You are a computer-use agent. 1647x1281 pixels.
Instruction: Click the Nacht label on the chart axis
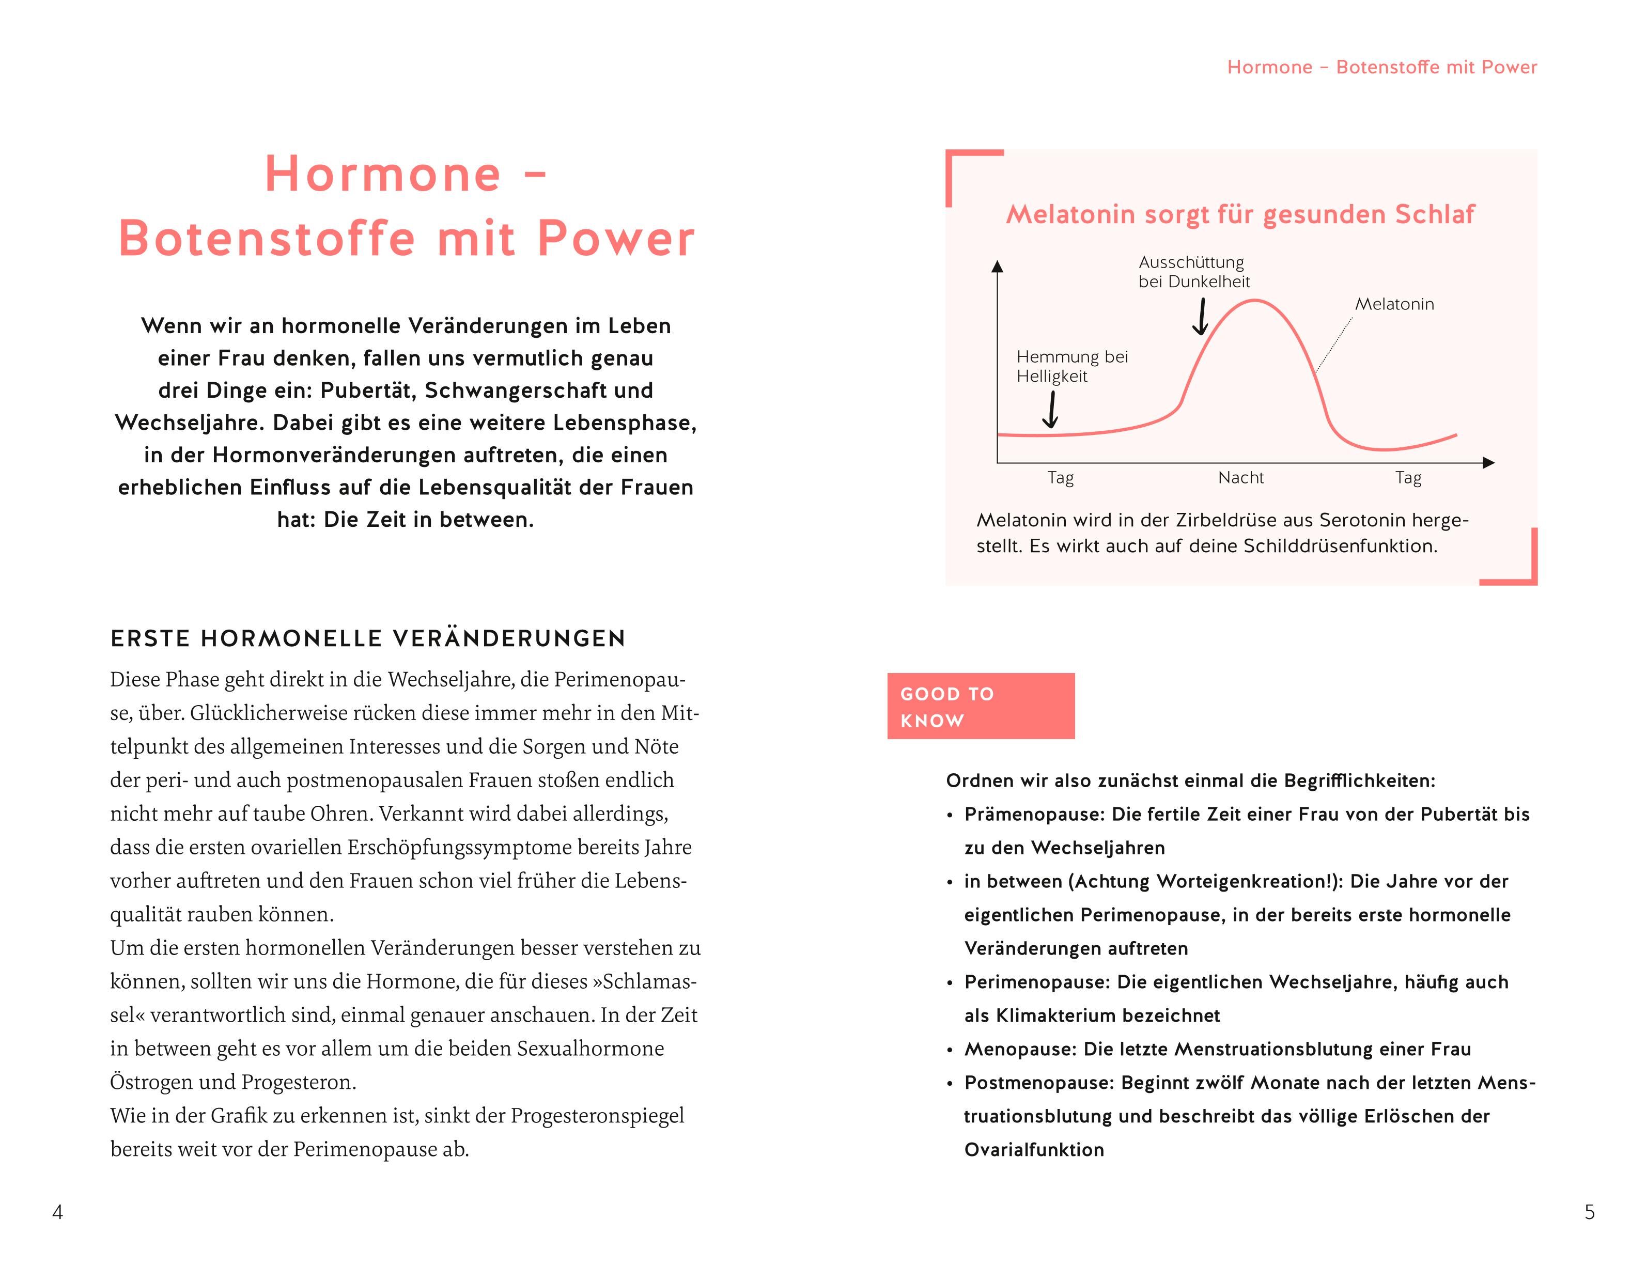tap(1240, 477)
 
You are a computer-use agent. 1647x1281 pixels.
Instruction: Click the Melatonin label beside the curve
tap(1394, 304)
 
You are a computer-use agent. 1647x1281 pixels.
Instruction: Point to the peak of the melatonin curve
tap(1254, 301)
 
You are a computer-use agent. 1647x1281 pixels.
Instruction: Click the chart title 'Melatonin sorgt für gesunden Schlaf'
tap(1240, 214)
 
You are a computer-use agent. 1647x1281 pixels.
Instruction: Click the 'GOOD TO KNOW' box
tap(981, 706)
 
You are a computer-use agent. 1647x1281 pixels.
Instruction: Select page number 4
tap(57, 1212)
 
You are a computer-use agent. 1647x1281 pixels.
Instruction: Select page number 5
tap(1590, 1212)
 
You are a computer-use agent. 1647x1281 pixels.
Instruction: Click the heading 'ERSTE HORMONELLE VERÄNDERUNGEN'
tap(368, 638)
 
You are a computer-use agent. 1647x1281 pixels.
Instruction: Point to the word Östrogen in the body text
tap(148, 1082)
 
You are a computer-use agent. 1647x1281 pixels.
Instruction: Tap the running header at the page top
tap(1381, 67)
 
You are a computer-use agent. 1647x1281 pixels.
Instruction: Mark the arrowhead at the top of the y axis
tap(998, 266)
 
